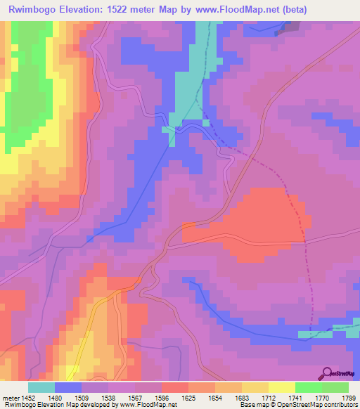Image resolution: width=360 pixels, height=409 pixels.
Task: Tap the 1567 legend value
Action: tap(123, 398)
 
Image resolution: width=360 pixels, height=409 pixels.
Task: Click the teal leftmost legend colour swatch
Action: tap(41, 387)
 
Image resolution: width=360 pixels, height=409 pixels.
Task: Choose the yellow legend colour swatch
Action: tap(255, 387)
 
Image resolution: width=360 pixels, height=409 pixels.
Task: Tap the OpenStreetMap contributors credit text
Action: tap(314, 405)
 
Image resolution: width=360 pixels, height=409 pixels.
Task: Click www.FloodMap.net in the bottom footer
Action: tap(147, 405)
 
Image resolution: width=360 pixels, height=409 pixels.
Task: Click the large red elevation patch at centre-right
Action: tap(260, 218)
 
